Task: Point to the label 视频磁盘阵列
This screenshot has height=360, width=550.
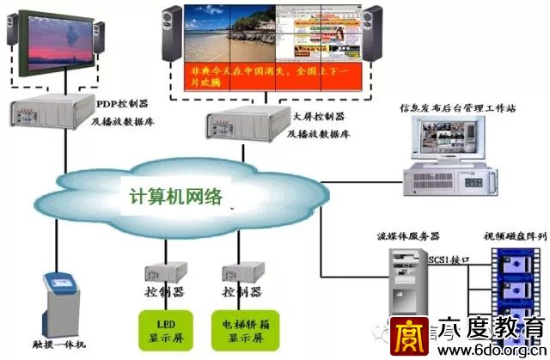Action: point(515,234)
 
